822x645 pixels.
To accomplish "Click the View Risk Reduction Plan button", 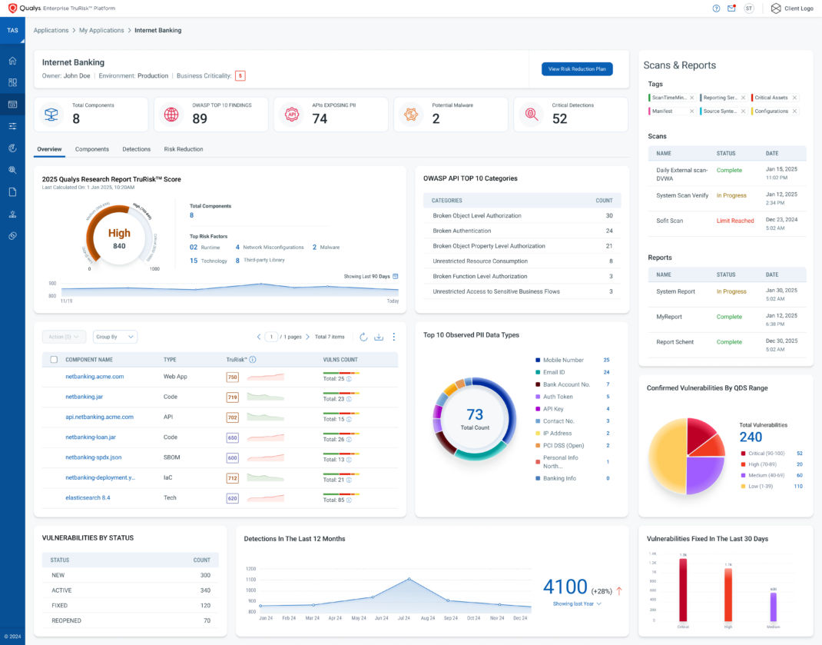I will [577, 69].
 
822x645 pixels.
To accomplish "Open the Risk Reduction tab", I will [184, 149].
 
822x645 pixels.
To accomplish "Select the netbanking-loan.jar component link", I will [91, 437].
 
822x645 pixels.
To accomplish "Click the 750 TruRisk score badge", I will [232, 377].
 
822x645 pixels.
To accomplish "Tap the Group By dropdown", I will [114, 337].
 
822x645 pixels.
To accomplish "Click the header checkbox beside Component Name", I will [54, 359].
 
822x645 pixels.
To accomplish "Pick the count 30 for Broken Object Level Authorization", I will [609, 216].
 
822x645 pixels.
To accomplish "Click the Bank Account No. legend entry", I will [566, 384].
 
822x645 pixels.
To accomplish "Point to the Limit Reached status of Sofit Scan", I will [735, 221].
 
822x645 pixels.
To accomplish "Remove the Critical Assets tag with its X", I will [794, 98].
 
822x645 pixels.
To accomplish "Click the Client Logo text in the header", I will [798, 8].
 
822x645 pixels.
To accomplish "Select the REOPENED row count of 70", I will [207, 620].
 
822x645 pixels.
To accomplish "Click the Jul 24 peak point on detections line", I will [409, 579].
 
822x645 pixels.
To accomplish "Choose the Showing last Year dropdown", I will [577, 604].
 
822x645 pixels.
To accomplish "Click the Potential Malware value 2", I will [436, 118].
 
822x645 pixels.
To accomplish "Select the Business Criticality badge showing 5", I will [240, 76].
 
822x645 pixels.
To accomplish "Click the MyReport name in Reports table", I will [668, 317].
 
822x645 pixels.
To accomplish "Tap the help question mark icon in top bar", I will [716, 8].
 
